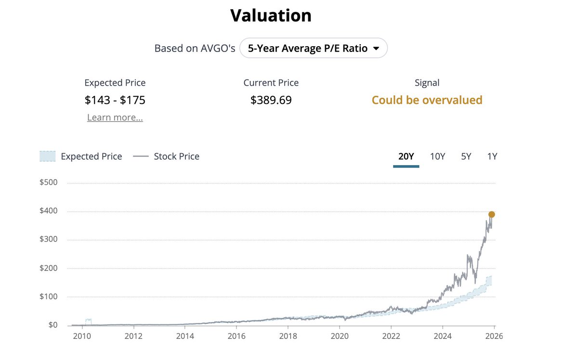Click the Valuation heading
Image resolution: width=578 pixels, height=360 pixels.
(271, 15)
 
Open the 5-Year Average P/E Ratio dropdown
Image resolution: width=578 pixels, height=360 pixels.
(314, 48)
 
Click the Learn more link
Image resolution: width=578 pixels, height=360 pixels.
(115, 117)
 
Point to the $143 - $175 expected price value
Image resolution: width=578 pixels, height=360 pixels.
(115, 100)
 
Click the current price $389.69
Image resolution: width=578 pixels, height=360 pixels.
(271, 100)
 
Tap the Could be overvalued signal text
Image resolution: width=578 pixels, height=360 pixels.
(427, 100)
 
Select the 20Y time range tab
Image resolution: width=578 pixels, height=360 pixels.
(406, 156)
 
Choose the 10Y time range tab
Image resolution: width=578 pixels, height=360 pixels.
(437, 156)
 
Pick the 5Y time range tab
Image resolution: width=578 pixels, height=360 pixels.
(466, 156)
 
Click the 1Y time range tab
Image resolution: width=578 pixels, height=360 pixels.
(492, 156)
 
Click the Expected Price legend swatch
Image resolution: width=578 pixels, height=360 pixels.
(47, 156)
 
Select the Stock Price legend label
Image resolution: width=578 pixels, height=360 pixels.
(176, 156)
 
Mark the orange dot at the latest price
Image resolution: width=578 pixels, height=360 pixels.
(491, 215)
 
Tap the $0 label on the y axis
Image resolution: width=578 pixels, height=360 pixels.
(53, 325)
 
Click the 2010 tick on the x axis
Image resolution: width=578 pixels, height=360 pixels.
(82, 336)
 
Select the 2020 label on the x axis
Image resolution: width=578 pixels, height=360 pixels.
(339, 336)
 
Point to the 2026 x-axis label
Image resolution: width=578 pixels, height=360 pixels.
(494, 336)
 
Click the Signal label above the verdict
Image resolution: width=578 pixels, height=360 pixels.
(427, 83)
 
